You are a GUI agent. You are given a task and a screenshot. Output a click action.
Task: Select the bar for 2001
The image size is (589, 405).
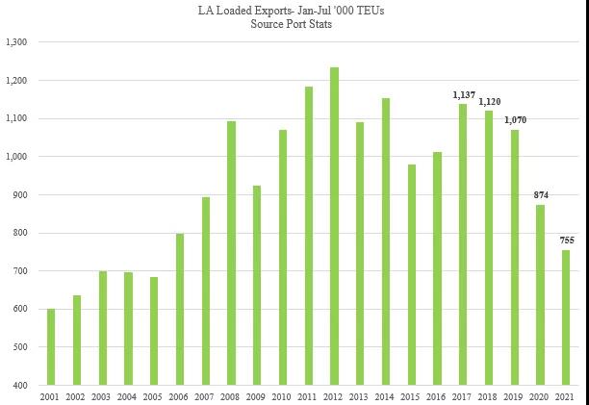pos(51,346)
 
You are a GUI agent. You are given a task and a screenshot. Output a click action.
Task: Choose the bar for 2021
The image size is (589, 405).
pos(566,317)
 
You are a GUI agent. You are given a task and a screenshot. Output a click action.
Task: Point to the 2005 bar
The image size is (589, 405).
pos(154,331)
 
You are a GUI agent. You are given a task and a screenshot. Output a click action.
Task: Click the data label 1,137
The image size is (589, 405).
pos(463,95)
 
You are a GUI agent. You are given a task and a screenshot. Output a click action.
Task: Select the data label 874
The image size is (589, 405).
pos(540,195)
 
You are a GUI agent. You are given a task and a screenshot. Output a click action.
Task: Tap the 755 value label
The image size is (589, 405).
pos(566,240)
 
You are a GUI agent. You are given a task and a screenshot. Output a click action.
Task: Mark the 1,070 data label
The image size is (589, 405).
pos(515,120)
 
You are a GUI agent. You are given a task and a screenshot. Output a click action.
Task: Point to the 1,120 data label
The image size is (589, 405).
pos(489,101)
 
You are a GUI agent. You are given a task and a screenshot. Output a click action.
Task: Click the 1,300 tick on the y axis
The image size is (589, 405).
pos(16,42)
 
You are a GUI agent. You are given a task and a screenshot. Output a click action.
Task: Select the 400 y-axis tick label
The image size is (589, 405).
pos(20,385)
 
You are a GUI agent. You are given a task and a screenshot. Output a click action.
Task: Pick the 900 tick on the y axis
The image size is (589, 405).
pos(20,194)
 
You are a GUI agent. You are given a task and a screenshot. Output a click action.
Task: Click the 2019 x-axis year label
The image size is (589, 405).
pos(515,396)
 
